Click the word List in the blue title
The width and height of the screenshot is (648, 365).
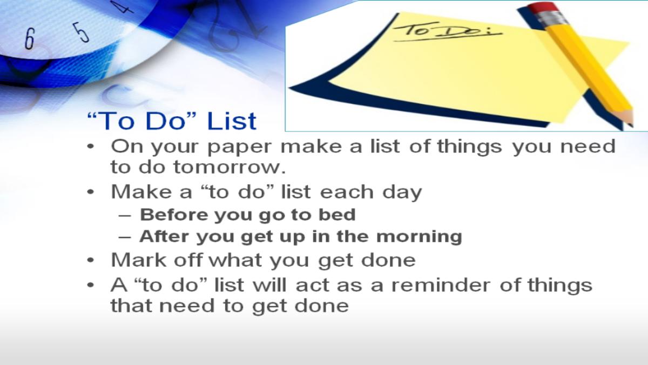(x=232, y=121)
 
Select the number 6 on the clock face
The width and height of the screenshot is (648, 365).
(x=30, y=38)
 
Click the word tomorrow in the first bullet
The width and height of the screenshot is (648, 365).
(x=230, y=167)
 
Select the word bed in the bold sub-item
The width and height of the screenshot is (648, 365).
(x=337, y=215)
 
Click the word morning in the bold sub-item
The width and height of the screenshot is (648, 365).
(x=419, y=237)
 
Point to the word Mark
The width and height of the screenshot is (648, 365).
(x=139, y=260)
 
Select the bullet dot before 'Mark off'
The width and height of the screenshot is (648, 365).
(x=91, y=260)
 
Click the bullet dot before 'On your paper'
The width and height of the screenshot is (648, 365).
(x=91, y=147)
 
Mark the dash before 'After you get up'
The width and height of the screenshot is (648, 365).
(x=125, y=237)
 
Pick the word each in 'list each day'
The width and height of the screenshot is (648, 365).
(x=347, y=192)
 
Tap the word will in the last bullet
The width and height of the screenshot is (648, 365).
(x=269, y=285)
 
